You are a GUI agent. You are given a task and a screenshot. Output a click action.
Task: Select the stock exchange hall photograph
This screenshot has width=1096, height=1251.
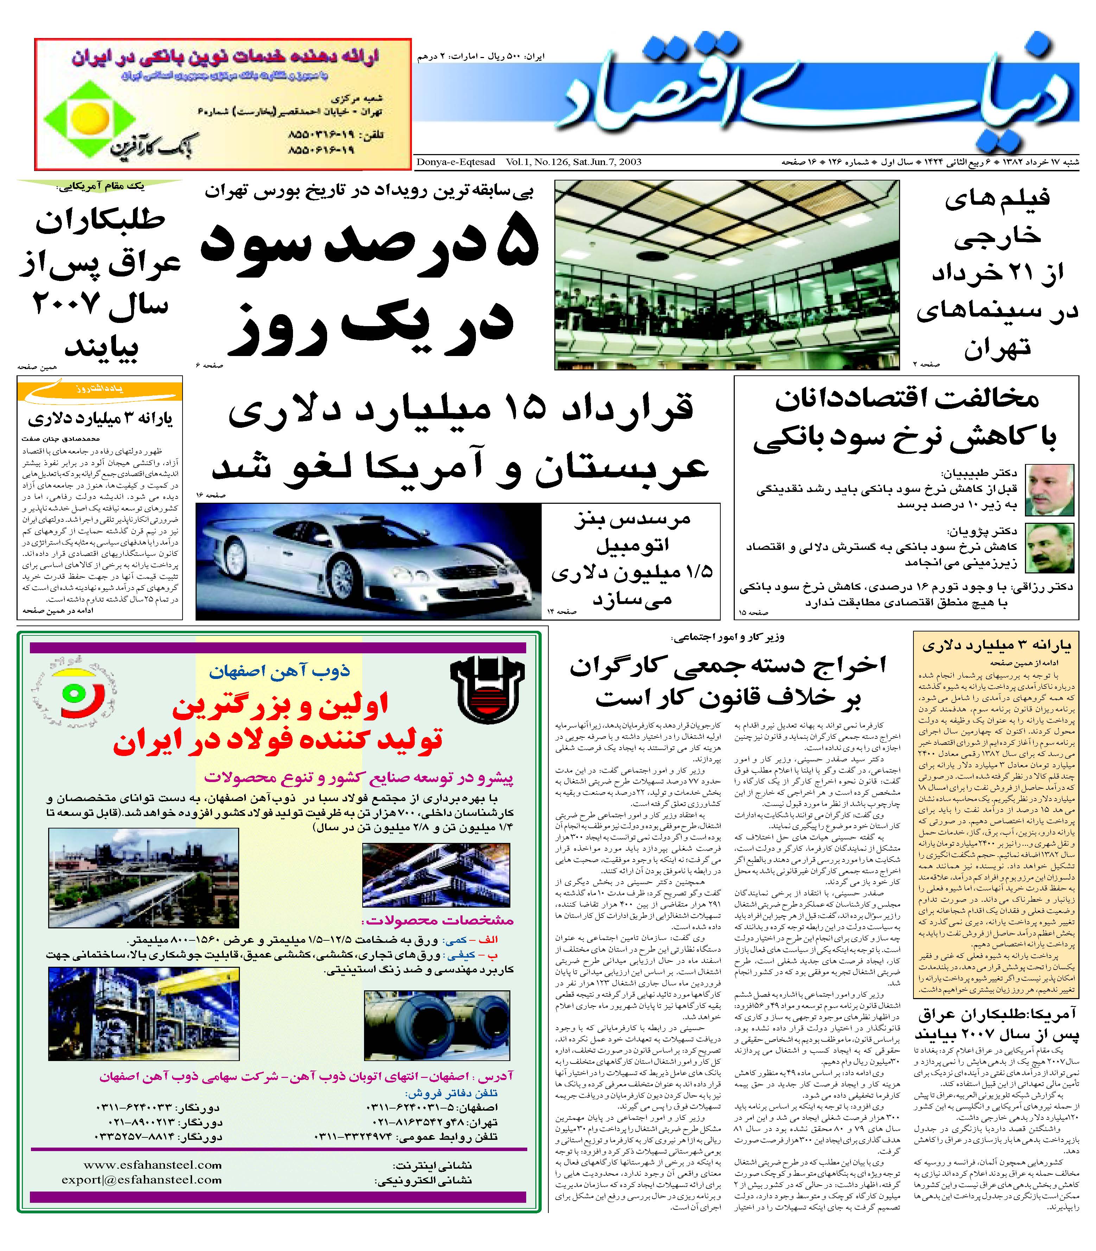[727, 275]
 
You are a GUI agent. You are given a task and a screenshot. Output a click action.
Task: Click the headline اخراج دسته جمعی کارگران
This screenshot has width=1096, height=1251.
[728, 666]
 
